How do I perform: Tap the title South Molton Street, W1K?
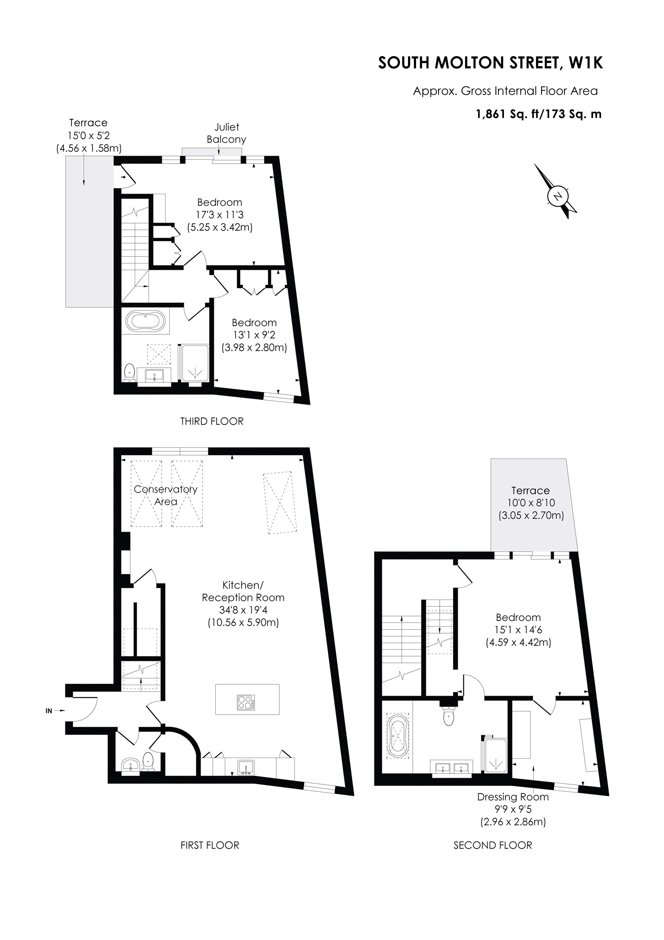[x=491, y=63]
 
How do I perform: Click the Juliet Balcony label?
[x=226, y=133]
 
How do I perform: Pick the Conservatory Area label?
[x=166, y=495]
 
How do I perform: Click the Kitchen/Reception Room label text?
[x=243, y=591]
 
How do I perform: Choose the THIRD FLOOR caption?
[x=212, y=421]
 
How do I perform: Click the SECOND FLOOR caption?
[x=493, y=845]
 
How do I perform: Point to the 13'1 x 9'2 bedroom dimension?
[x=254, y=335]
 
